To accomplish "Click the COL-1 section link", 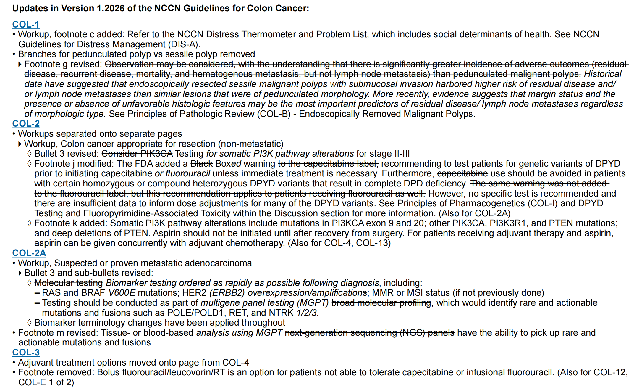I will pos(26,24).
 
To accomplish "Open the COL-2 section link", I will pos(26,123).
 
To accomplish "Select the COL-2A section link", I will pos(29,253).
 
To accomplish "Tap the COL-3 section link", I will pos(26,352).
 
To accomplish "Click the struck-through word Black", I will pos(201,164).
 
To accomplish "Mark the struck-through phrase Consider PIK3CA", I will pos(137,154).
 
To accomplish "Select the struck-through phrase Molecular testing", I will pos(69,283).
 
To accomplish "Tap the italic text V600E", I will pos(122,293).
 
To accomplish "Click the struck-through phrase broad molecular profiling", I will pos(381,303).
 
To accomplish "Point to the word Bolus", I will pos(108,372).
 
